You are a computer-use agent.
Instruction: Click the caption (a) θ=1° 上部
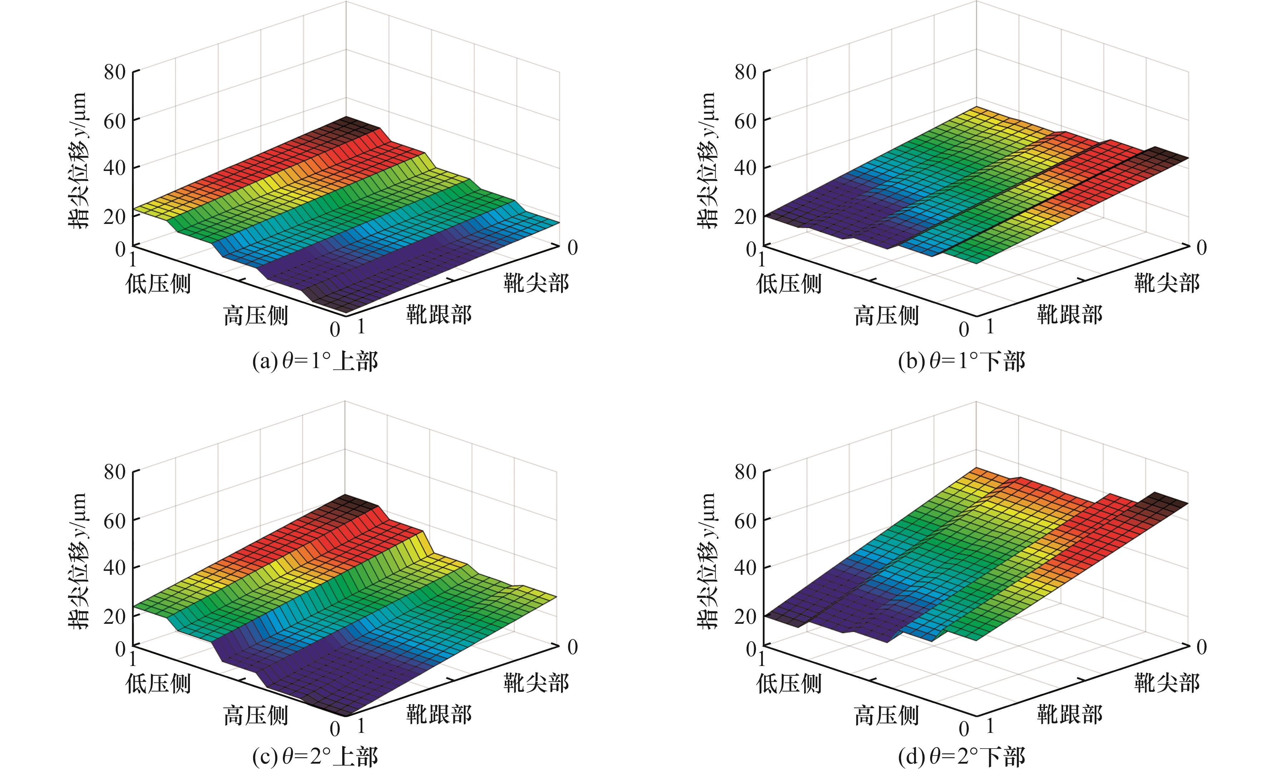click(315, 362)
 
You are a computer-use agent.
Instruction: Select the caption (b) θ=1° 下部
click(961, 362)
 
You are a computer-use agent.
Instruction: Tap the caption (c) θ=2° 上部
click(315, 756)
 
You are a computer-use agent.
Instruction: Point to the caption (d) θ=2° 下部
click(961, 756)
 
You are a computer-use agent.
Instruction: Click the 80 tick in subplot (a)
click(115, 72)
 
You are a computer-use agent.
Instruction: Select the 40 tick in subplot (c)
click(115, 567)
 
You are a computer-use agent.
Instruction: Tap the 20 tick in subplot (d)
click(745, 616)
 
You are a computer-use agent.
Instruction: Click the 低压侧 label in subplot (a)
click(158, 283)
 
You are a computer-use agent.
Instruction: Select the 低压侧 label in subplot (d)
click(789, 683)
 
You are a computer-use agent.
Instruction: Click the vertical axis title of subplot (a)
click(79, 161)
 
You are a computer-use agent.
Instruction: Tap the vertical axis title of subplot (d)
click(708, 561)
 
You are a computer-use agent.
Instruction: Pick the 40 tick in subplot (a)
click(115, 168)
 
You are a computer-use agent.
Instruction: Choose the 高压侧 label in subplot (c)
click(256, 715)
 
